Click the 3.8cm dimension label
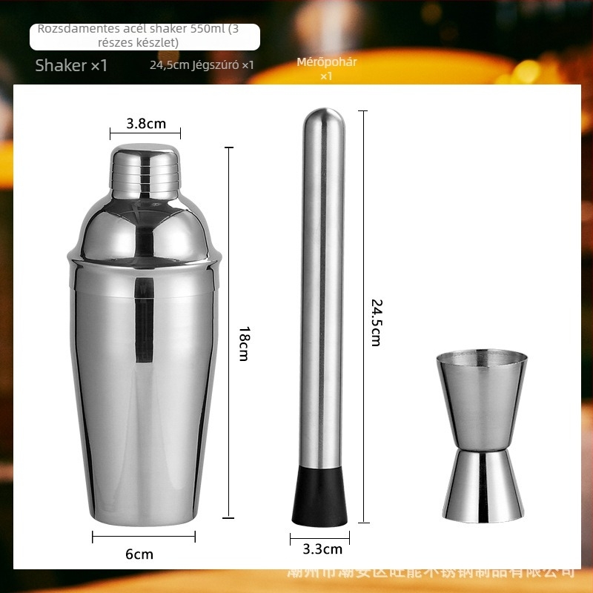[145, 124]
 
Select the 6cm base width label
[139, 554]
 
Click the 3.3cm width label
[323, 549]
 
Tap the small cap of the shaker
[145, 170]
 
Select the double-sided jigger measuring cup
[483, 437]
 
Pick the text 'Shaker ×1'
[71, 65]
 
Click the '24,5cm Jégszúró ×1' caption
[202, 65]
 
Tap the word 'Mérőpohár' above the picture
[327, 62]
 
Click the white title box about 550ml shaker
[145, 36]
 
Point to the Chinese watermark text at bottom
[430, 572]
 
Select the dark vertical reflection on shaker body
[144, 319]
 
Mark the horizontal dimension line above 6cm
[144, 536]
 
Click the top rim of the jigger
[482, 358]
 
